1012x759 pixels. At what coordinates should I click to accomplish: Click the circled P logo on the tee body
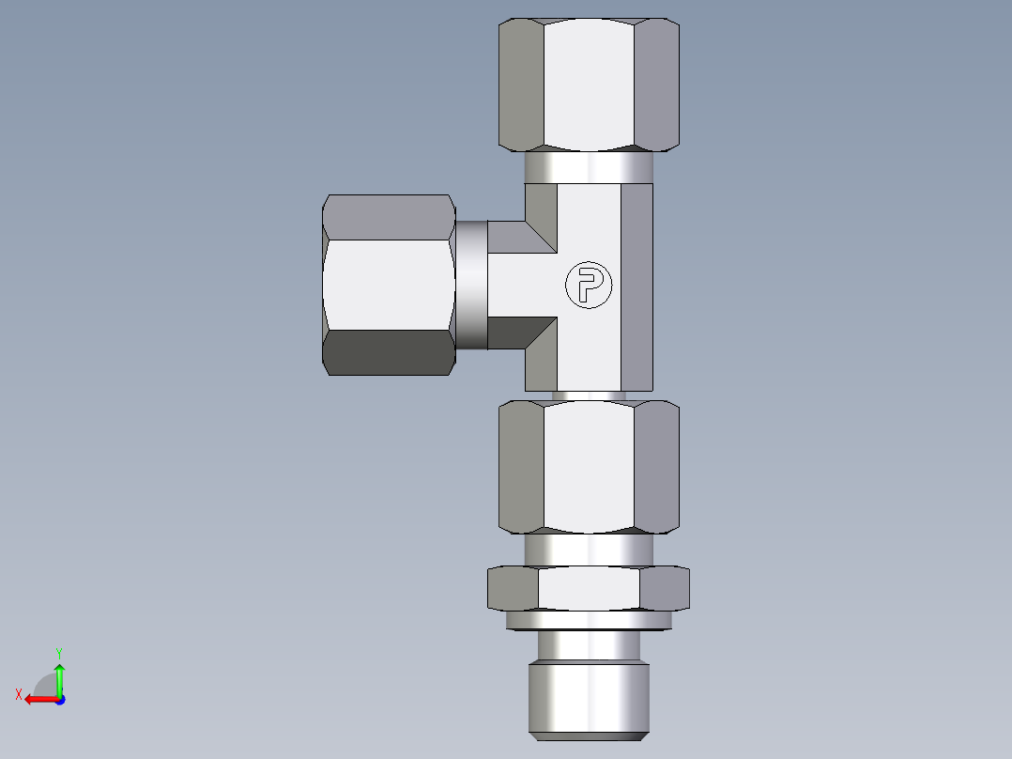click(589, 285)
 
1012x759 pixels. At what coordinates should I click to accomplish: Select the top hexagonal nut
click(589, 85)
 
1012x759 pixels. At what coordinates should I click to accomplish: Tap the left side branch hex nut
click(389, 285)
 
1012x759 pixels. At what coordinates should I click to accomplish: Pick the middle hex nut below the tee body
click(589, 466)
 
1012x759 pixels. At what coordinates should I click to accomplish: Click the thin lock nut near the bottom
click(589, 588)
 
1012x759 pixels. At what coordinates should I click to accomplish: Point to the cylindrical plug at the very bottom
click(589, 697)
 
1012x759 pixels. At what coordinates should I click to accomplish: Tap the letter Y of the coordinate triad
click(58, 652)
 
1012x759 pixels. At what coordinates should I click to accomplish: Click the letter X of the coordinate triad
click(18, 695)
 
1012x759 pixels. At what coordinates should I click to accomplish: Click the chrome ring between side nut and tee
click(472, 285)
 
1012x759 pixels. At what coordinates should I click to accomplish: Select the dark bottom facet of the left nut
click(389, 352)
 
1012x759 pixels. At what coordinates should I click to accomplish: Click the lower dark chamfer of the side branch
click(526, 333)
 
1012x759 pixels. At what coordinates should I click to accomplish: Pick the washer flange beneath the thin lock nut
click(589, 620)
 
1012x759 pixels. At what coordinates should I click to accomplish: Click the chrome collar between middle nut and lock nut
click(589, 550)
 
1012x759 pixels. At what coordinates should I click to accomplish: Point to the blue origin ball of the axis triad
click(59, 699)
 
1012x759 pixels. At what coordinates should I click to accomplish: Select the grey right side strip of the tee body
click(636, 287)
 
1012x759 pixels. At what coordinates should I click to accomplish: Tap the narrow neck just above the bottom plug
click(589, 646)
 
